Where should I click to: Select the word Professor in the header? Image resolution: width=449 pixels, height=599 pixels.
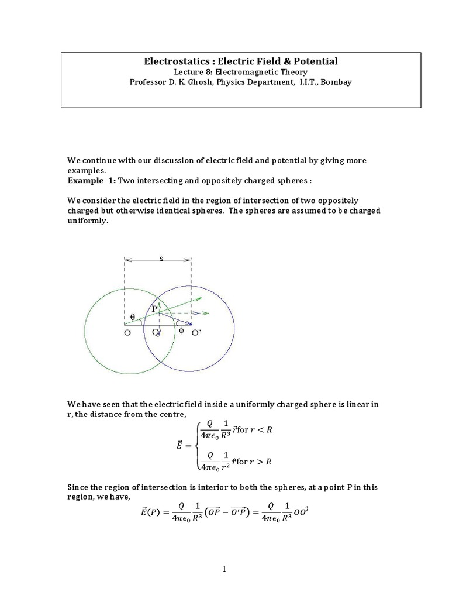(149, 82)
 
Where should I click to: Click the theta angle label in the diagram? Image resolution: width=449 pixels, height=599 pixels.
(132, 316)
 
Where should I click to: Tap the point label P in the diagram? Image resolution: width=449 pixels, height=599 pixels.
(154, 308)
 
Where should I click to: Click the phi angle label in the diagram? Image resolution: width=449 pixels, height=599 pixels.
(181, 331)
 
